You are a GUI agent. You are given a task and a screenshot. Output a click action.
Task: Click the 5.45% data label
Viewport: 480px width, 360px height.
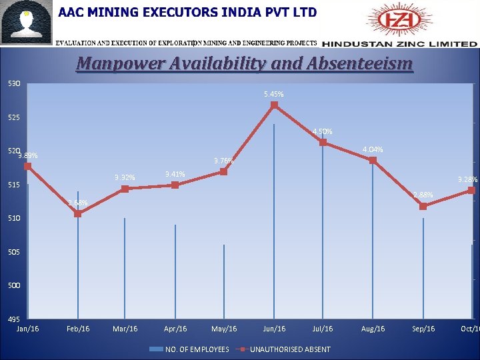pos(274,94)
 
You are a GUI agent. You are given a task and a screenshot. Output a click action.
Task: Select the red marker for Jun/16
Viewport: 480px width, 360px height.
pos(274,105)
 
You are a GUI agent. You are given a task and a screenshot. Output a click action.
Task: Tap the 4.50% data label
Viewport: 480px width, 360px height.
pos(323,131)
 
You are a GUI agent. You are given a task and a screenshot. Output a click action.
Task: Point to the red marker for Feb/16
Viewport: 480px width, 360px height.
pos(78,213)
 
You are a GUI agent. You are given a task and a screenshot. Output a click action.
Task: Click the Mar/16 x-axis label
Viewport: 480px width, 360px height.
pos(125,329)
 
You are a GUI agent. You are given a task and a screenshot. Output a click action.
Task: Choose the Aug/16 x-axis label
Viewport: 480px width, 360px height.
pos(373,329)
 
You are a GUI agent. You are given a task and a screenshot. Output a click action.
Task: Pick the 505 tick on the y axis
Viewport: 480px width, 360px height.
pos(14,253)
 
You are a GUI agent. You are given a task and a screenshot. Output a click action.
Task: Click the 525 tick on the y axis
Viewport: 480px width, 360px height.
pos(14,118)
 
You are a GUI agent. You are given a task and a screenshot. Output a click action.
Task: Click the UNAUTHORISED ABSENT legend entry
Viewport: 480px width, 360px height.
pos(289,349)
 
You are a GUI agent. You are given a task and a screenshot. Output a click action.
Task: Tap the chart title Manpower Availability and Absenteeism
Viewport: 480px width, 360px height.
pos(245,64)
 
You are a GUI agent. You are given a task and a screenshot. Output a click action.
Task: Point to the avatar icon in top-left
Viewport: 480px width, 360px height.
pos(27,24)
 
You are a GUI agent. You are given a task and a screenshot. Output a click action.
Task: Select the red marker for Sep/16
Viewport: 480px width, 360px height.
pos(423,207)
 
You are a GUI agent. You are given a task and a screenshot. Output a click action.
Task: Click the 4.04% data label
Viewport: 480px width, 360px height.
pos(373,149)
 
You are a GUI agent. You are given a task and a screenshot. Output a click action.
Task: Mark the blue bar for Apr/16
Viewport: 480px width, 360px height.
pos(175,273)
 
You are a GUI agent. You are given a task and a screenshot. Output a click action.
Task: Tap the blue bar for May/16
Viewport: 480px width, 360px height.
pos(224,283)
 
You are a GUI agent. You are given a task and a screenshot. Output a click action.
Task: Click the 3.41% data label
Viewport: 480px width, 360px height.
pos(175,175)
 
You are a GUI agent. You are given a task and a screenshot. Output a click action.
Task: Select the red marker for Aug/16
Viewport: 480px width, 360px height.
pos(373,160)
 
